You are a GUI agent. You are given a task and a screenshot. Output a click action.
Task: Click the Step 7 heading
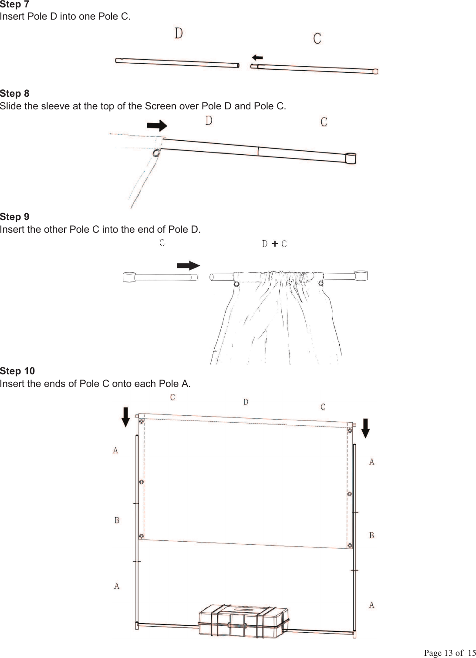(15, 4)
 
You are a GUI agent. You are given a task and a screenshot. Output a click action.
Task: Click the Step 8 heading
(15, 94)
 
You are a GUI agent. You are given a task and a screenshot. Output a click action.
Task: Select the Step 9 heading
(15, 217)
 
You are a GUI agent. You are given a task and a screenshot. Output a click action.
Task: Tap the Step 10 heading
(17, 371)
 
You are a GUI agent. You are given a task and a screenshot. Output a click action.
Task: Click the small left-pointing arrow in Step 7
(257, 57)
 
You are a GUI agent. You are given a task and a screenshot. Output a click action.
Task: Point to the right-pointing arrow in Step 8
(157, 126)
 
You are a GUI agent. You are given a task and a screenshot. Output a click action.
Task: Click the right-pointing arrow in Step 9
(188, 266)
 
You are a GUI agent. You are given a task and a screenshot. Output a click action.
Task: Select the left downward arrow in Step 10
(125, 417)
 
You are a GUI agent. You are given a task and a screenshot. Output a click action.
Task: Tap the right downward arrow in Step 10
(366, 428)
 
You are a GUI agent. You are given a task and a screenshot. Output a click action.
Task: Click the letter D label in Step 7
(179, 34)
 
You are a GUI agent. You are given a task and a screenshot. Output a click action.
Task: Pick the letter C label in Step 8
(324, 122)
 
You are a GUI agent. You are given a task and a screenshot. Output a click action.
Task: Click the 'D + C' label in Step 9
(274, 244)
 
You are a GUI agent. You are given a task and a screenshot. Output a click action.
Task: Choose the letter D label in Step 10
(246, 402)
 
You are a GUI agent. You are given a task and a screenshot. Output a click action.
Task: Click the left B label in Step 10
(117, 520)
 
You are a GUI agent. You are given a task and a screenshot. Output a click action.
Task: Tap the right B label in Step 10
(371, 535)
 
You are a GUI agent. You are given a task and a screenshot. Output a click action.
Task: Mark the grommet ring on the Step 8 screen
(156, 153)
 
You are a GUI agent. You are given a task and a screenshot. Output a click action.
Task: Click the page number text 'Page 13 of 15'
(450, 653)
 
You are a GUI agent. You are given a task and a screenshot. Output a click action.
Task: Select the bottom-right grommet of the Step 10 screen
(350, 545)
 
